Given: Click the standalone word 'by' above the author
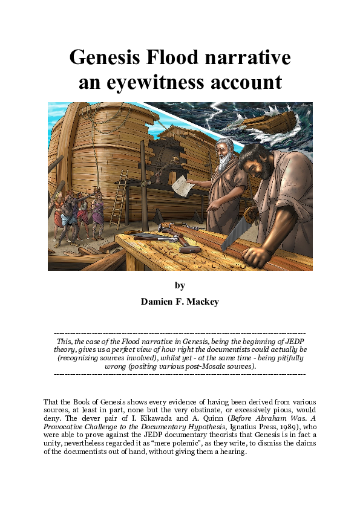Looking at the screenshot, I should point(180,285).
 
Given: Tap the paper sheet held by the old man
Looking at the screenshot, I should point(182,187).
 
